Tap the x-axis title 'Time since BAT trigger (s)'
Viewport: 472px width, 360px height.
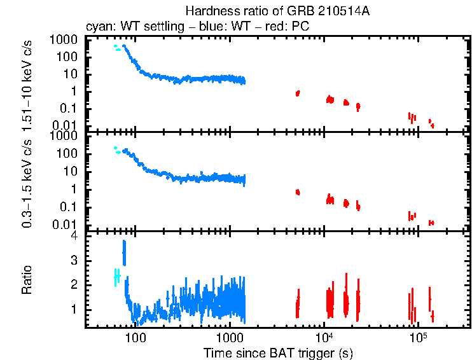pos(277,352)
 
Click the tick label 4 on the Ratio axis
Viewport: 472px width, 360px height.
pos(74,235)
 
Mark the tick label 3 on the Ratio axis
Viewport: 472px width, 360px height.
pos(74,260)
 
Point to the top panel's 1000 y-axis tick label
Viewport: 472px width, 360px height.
pos(64,39)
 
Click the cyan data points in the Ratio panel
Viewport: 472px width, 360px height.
pos(116,276)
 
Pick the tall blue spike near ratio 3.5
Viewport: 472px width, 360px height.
pos(124,252)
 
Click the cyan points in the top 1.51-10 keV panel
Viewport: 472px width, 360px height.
pos(116,47)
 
